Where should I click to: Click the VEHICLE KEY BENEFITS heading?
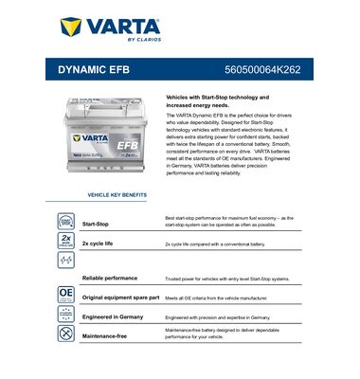point(117,194)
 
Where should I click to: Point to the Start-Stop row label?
point(95,224)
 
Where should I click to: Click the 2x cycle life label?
point(99,244)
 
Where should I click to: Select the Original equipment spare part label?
point(119,298)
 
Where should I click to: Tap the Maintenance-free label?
point(106,335)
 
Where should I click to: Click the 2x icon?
point(66,242)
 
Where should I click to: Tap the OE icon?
point(66,295)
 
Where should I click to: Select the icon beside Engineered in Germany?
point(66,315)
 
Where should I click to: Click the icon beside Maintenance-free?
point(66,334)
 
